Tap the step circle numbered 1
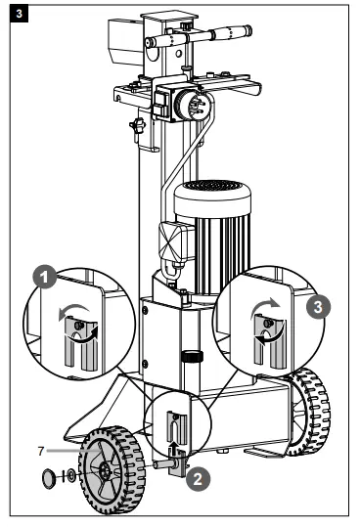42,277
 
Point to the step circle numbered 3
316,305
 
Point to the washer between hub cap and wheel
67,478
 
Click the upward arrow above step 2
175,449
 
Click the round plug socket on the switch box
187,101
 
